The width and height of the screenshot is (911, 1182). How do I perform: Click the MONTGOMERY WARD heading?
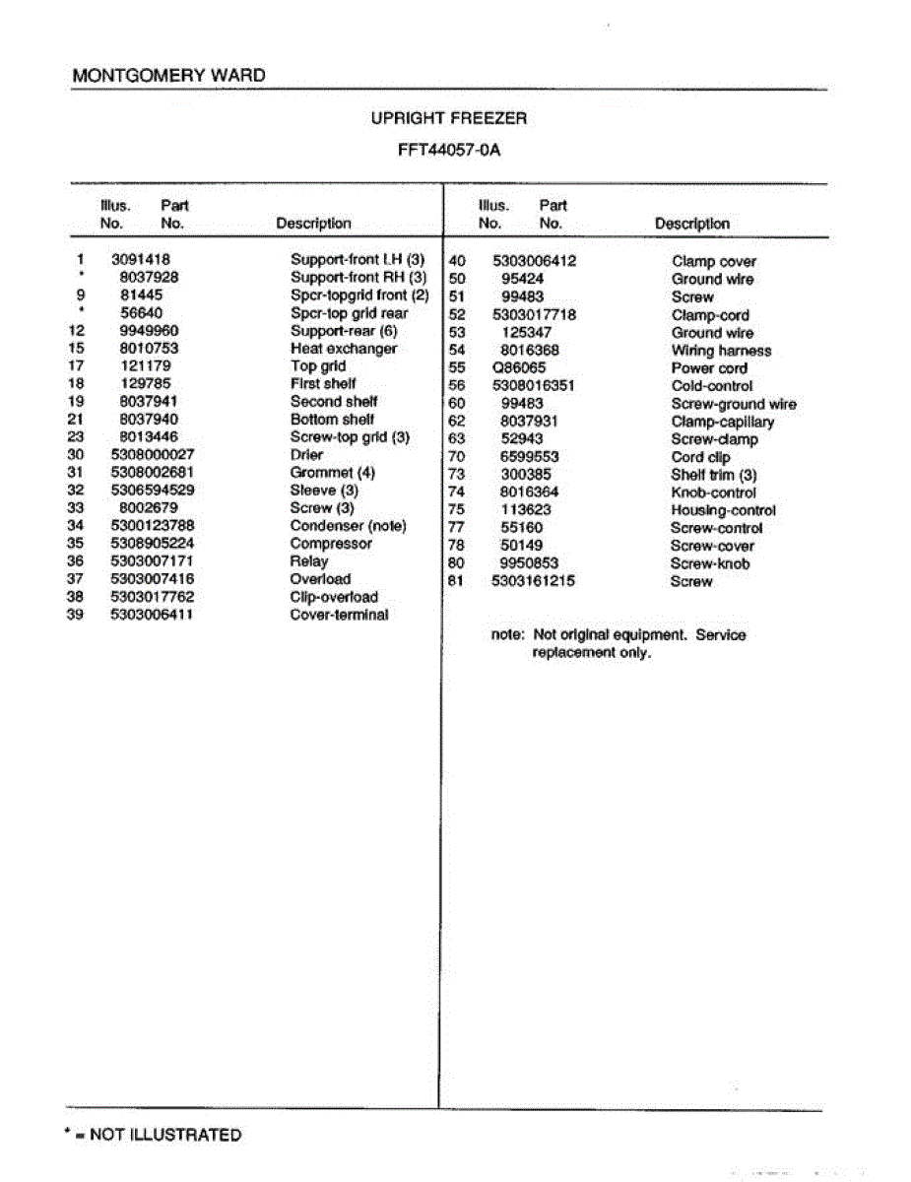click(x=168, y=75)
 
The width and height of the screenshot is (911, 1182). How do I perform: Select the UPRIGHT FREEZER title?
click(x=448, y=118)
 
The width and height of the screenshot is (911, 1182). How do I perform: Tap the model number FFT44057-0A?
click(x=448, y=153)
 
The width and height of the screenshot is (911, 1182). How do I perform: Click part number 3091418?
click(x=141, y=260)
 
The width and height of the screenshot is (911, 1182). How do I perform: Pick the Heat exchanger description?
click(x=344, y=349)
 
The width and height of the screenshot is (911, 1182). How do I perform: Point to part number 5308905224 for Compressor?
click(x=152, y=544)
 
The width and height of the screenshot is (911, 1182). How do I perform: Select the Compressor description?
click(x=331, y=544)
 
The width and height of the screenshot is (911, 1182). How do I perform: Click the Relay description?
click(x=309, y=561)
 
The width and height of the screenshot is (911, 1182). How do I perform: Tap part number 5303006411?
click(x=152, y=615)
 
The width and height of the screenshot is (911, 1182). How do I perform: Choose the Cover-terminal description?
click(x=339, y=615)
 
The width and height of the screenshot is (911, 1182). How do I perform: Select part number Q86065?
click(x=517, y=368)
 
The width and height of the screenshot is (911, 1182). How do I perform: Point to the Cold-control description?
click(x=712, y=386)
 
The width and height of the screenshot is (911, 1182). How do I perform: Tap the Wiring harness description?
click(x=721, y=351)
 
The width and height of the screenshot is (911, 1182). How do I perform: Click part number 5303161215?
click(x=533, y=581)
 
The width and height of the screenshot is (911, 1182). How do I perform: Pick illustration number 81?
click(x=456, y=581)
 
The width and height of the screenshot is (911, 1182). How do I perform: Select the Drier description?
click(x=306, y=455)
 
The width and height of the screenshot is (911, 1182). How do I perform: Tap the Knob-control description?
click(x=714, y=492)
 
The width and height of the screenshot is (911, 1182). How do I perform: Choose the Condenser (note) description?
click(x=348, y=526)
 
